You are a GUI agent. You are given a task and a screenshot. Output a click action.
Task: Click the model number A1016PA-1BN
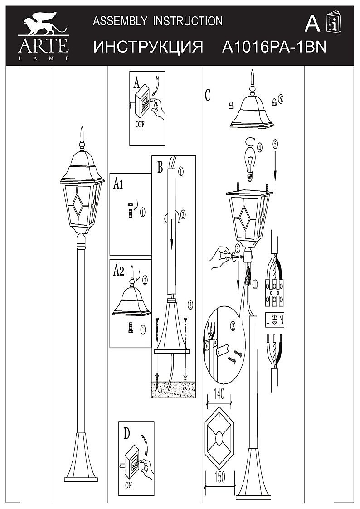274,48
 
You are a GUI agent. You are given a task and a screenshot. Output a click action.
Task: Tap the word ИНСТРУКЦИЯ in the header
148,48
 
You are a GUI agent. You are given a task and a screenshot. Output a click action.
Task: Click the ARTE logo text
43,45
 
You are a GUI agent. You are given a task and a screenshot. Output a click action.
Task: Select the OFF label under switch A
140,125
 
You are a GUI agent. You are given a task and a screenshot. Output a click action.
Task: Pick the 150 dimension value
219,477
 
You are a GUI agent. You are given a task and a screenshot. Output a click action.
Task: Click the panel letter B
160,167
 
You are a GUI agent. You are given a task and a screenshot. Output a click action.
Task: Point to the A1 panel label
118,184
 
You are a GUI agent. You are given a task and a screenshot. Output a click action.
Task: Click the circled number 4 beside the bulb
259,147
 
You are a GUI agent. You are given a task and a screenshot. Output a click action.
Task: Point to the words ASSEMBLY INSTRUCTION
158,21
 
